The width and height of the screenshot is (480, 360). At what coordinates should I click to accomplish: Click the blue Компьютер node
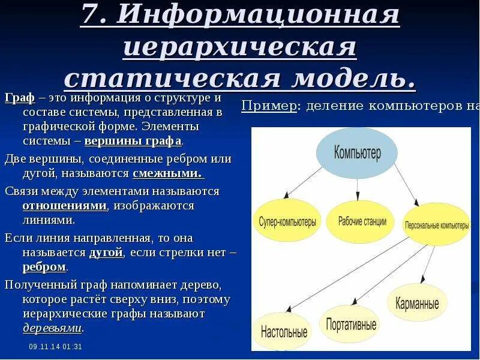(357, 152)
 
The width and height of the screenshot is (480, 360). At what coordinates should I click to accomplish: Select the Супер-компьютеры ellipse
(287, 222)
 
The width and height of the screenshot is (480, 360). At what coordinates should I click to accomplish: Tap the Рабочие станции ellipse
(360, 221)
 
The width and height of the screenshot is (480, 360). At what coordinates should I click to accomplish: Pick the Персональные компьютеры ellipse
(437, 226)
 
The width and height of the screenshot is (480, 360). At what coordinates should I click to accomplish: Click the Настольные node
(284, 331)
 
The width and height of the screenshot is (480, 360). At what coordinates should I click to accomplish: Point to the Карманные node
(417, 303)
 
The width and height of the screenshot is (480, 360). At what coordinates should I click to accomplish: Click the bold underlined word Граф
(19, 98)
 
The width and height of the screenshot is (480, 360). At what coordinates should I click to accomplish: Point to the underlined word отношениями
(65, 206)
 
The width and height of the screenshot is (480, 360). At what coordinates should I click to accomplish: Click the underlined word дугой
(106, 253)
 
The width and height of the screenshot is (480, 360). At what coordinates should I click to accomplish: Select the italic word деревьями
(52, 328)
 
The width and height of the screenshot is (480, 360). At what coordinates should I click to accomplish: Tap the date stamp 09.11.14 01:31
(55, 347)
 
